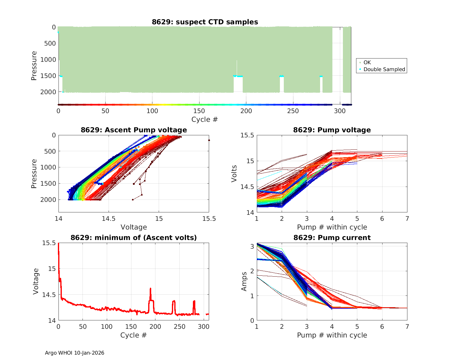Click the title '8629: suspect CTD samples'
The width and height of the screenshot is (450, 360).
[x=205, y=22]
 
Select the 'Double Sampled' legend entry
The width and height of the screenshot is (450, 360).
[x=384, y=69]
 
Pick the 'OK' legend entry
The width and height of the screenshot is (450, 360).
[x=367, y=62]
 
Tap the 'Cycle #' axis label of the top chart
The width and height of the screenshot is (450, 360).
[x=205, y=119]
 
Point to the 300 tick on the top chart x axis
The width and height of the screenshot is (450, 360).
[x=340, y=111]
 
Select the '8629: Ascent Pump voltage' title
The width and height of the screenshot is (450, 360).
[x=134, y=130]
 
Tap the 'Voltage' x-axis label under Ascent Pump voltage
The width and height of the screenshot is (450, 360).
[x=134, y=227]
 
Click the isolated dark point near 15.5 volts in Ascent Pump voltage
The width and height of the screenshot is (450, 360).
[x=209, y=140]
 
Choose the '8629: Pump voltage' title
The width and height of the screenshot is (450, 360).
[x=332, y=130]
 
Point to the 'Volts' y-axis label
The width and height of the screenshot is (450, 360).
[x=234, y=174]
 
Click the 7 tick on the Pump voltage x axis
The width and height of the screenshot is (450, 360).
[x=407, y=218]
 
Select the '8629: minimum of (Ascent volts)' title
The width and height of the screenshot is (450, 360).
[x=134, y=238]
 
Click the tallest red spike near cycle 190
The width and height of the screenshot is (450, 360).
[x=150, y=289]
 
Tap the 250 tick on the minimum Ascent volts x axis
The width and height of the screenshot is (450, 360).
[x=179, y=326]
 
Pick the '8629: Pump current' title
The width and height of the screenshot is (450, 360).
[x=332, y=238]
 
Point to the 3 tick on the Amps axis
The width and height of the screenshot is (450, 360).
[x=251, y=246]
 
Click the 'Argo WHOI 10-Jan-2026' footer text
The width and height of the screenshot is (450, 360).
[x=75, y=353]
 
